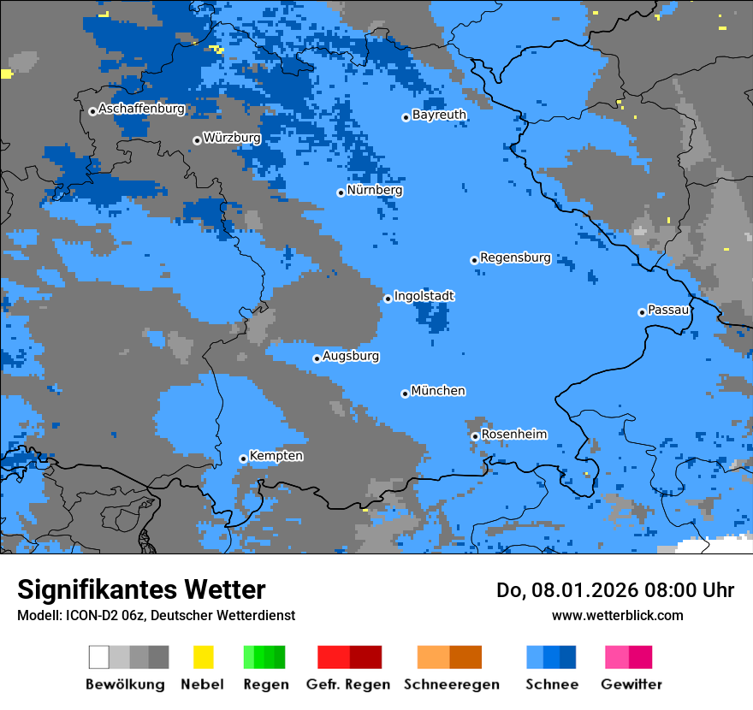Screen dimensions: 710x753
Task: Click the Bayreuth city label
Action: click(x=439, y=115)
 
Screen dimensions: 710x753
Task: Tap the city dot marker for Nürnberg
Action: click(x=341, y=192)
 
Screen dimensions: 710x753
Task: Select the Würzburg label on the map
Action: click(x=232, y=138)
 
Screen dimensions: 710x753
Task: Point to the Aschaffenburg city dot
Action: click(x=92, y=111)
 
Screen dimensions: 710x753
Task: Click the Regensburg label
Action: click(x=515, y=257)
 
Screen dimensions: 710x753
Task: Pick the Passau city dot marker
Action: click(x=642, y=312)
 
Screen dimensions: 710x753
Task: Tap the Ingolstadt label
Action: click(x=424, y=296)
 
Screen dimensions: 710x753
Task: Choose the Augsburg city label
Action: click(x=351, y=356)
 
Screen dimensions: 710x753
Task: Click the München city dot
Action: click(x=405, y=393)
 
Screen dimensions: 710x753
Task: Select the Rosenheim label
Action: click(x=513, y=435)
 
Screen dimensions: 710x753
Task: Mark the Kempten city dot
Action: click(x=243, y=459)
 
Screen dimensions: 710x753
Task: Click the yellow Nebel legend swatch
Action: click(x=203, y=657)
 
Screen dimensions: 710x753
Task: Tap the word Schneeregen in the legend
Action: click(x=452, y=684)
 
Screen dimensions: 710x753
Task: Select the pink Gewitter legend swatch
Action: click(x=617, y=657)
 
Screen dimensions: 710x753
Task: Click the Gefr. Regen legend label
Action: click(x=348, y=684)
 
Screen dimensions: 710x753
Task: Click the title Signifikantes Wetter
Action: click(x=141, y=589)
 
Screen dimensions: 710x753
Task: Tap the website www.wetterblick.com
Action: click(x=617, y=615)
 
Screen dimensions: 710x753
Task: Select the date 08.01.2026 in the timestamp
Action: click(x=572, y=590)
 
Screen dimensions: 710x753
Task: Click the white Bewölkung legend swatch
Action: click(x=98, y=657)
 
